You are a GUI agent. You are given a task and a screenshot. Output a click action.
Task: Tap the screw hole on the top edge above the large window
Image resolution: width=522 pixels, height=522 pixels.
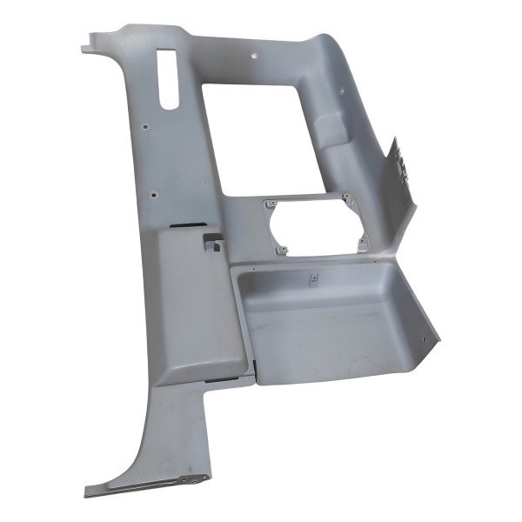pyautogui.click(x=252, y=55)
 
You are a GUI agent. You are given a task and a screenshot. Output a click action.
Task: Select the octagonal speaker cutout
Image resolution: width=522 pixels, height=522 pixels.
pyautogui.click(x=315, y=227)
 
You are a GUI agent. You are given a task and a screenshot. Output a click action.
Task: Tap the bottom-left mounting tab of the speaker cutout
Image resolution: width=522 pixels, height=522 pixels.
pyautogui.click(x=282, y=251)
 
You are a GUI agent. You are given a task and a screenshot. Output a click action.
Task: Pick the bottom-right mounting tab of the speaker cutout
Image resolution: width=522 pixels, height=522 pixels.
pyautogui.click(x=359, y=239)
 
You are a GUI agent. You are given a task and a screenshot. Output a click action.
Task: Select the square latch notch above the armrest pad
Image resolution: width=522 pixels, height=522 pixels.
pyautogui.click(x=212, y=243)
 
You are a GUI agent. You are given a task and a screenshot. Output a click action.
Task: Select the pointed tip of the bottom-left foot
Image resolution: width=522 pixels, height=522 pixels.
pyautogui.click(x=87, y=494)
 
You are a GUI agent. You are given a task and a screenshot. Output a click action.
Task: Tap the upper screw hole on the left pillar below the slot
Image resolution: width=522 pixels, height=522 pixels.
pyautogui.click(x=146, y=126)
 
